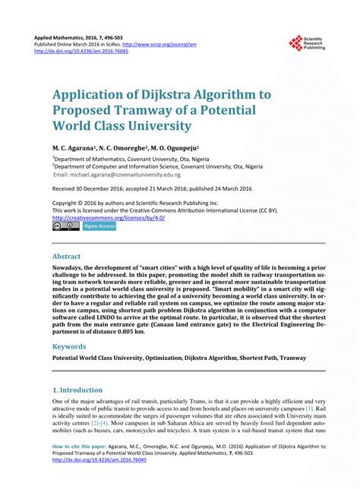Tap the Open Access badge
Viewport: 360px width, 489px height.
point(99,226)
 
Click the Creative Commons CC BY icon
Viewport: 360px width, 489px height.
point(65,226)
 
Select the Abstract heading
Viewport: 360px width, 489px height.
point(66,257)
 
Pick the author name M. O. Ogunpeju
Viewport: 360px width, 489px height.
point(175,148)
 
